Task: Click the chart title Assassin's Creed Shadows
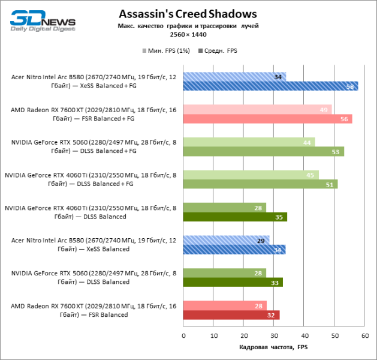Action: (188, 13)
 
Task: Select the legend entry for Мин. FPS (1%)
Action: (166, 51)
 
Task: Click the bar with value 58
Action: (270, 86)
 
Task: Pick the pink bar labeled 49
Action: (257, 109)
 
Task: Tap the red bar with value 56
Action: (267, 119)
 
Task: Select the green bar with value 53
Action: (263, 151)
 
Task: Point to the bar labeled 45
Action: (251, 175)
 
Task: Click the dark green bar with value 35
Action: (236, 217)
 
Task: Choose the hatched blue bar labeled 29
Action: (226, 240)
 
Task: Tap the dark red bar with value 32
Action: (231, 315)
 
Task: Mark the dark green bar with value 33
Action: (233, 282)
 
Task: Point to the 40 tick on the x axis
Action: (304, 335)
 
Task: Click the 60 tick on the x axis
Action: (364, 335)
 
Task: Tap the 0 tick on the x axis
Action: (183, 335)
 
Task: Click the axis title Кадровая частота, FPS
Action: (273, 347)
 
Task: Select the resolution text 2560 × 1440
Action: (188, 35)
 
